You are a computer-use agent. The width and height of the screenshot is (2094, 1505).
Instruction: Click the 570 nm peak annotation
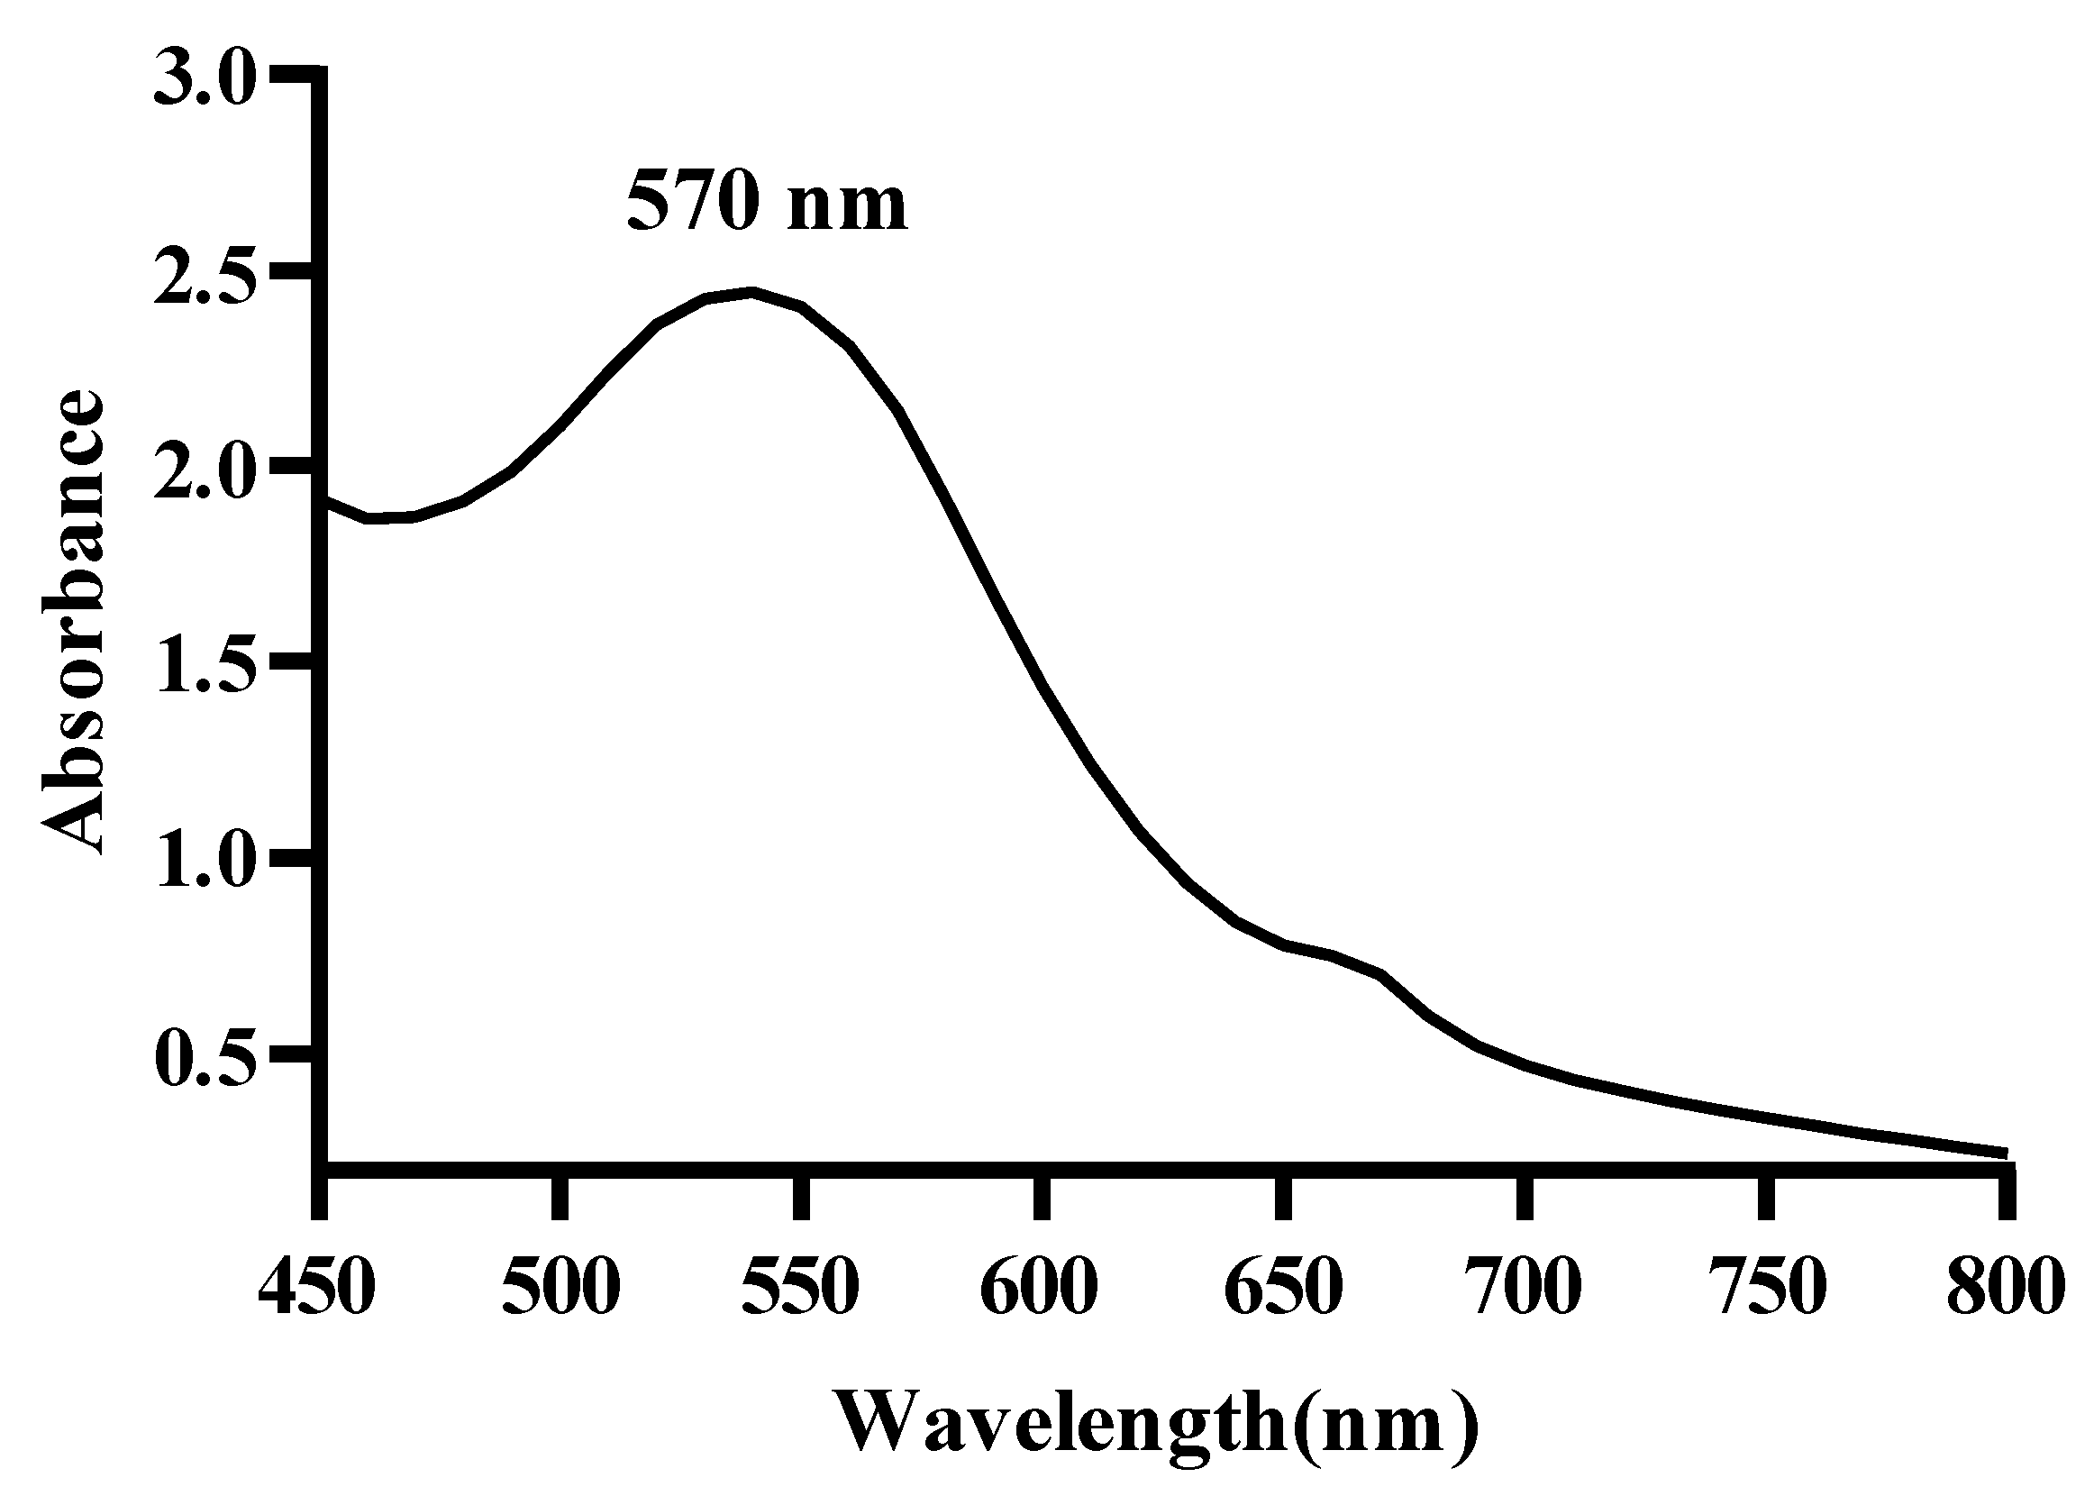click(x=766, y=204)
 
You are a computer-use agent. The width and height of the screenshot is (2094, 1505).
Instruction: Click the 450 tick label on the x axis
click(x=317, y=1287)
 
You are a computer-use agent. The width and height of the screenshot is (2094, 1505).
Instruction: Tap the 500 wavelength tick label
click(x=560, y=1287)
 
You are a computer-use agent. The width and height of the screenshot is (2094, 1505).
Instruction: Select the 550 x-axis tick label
click(x=800, y=1287)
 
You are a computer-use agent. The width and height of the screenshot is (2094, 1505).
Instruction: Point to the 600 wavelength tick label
click(x=1041, y=1287)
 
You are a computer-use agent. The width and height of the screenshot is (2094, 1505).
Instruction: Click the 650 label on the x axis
click(x=1282, y=1287)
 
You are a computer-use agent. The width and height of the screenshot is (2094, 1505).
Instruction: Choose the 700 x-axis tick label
click(x=1524, y=1287)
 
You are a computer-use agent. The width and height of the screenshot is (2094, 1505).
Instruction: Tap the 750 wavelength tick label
click(x=1763, y=1287)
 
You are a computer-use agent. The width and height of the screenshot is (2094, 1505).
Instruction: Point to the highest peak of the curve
click(x=753, y=293)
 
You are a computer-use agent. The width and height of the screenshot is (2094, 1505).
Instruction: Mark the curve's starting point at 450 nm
click(x=325, y=499)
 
